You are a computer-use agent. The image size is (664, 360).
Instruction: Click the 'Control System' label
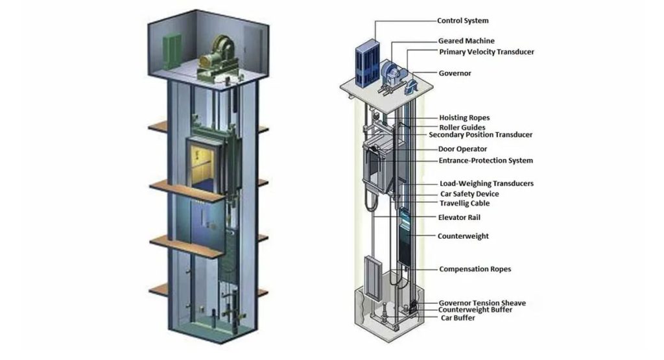462,21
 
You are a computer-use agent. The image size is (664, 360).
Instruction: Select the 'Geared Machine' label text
466,41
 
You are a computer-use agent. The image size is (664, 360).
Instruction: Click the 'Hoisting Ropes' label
464,118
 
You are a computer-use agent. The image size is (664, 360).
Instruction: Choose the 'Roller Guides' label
462,127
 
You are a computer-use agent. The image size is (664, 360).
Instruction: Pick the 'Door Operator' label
462,149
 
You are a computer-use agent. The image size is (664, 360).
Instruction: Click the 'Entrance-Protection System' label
486,160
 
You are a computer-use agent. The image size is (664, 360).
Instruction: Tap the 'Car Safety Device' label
469,194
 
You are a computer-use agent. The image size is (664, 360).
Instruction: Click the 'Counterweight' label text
463,236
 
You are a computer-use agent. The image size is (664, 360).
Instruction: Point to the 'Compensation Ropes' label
474,269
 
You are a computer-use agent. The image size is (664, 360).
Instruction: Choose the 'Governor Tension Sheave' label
482,303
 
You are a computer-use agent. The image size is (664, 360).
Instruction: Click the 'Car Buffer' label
458,318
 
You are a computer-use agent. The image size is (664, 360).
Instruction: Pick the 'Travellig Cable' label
464,204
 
